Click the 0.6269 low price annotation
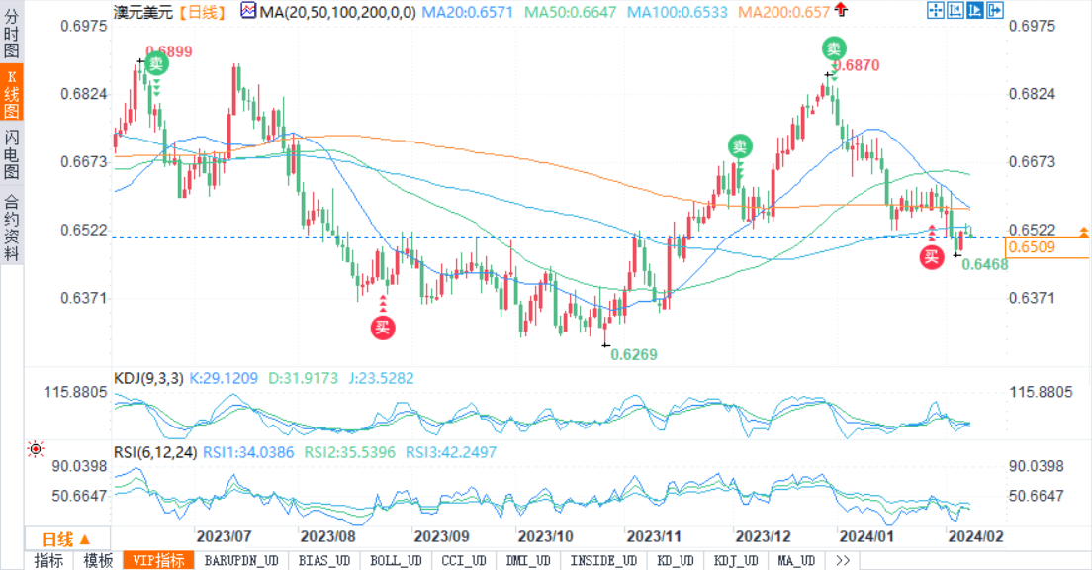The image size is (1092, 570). (633, 354)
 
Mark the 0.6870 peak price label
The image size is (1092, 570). (857, 65)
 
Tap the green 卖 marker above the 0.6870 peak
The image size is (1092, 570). (835, 47)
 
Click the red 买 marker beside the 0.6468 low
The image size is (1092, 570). (931, 257)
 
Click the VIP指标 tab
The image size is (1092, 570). (158, 561)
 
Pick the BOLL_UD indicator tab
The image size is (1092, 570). (396, 561)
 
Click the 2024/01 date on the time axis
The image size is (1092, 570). (866, 536)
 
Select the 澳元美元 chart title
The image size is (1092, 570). (145, 12)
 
